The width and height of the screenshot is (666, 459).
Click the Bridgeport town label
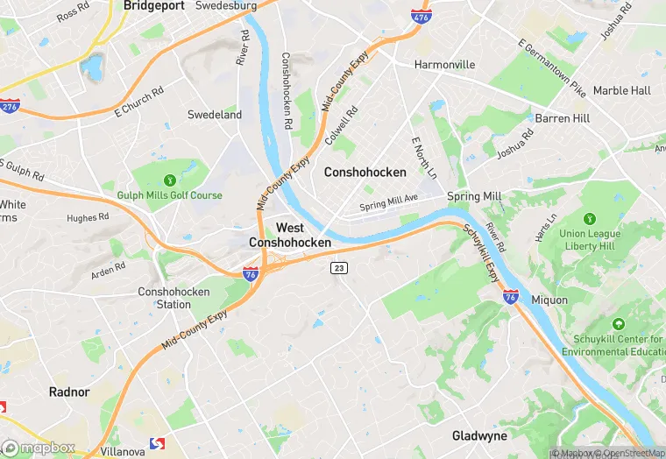[x=153, y=5]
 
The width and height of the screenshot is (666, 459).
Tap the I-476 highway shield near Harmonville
[x=420, y=15]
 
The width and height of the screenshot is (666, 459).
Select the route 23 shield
[x=338, y=267]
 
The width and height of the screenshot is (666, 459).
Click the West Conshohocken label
[x=290, y=235]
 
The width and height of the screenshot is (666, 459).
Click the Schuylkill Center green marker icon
[x=620, y=324]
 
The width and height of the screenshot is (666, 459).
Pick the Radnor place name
[x=69, y=392]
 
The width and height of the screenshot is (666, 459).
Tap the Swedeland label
[x=215, y=115]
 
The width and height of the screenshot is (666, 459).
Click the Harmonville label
[x=444, y=65]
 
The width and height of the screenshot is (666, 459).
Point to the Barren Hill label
[x=563, y=118]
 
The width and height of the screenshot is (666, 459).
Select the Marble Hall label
[x=621, y=90]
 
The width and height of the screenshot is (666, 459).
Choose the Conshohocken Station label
[x=164, y=298]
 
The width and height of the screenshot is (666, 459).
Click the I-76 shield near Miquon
[x=511, y=297]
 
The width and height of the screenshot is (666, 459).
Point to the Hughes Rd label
[x=88, y=216]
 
